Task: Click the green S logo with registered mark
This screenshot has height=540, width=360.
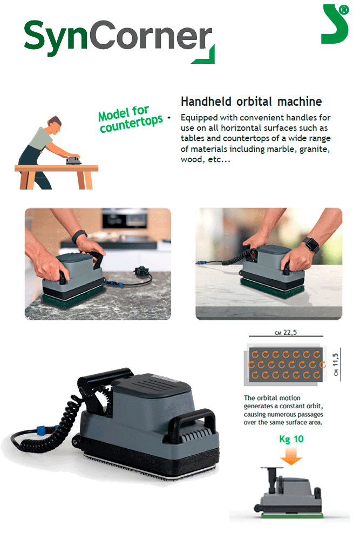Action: click(x=335, y=24)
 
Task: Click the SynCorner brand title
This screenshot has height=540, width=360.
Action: click(x=119, y=39)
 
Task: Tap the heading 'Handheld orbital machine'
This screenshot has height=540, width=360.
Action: click(x=251, y=102)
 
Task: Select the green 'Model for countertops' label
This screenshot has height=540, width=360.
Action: click(x=130, y=119)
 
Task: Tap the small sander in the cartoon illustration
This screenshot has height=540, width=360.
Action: click(x=73, y=160)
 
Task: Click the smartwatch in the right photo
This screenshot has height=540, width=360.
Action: click(x=311, y=244)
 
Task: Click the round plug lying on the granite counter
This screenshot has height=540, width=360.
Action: click(x=141, y=271)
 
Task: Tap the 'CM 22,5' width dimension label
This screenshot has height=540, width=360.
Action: click(x=286, y=332)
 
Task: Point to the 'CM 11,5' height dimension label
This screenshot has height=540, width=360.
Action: click(x=336, y=364)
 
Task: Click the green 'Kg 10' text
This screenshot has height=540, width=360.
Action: click(x=291, y=439)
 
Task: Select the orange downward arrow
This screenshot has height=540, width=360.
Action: click(x=291, y=456)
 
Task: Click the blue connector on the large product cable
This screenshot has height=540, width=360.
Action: click(x=42, y=430)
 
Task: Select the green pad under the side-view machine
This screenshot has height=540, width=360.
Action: click(x=292, y=516)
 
